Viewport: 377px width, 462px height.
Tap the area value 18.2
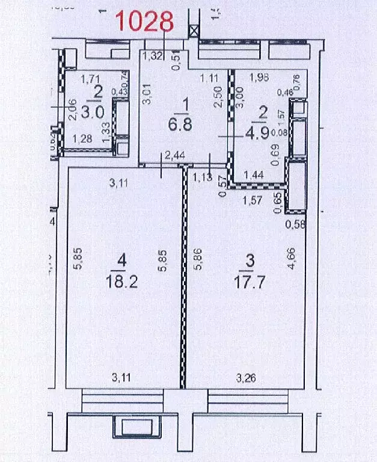(123, 281)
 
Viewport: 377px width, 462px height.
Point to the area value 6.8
(185, 128)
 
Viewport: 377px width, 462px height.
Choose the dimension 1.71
(90, 78)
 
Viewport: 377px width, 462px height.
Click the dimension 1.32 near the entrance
(152, 57)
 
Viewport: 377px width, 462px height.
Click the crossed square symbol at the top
(194, 32)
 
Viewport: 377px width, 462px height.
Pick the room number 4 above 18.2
(122, 261)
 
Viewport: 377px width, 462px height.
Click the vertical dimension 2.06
(72, 109)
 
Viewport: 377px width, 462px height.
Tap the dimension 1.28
(82, 139)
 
